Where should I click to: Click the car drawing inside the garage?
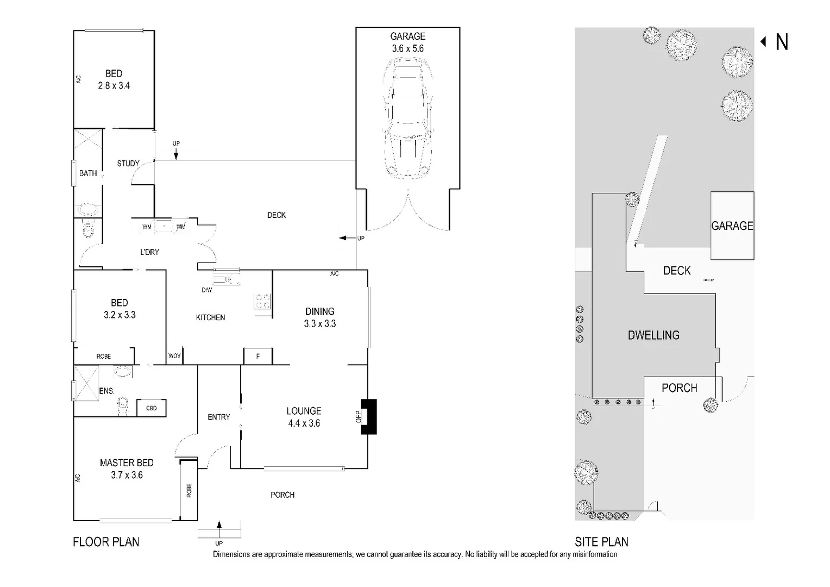coord(407,120)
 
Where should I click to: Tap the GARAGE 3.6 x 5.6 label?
coord(407,42)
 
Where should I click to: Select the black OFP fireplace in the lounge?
coord(369,416)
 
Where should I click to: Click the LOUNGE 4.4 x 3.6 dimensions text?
coord(304,417)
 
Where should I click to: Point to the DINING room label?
coord(319,311)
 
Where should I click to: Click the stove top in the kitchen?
coord(262,301)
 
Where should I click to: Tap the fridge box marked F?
coord(257,357)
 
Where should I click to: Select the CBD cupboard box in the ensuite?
coord(152,408)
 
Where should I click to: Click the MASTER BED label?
coord(127,463)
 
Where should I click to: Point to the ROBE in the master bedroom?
coord(188,490)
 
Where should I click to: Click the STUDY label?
coord(128,163)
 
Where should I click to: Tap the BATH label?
coord(88,173)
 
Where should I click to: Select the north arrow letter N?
coord(782,42)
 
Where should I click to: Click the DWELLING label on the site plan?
coord(653,335)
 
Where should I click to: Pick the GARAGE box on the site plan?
coord(732,226)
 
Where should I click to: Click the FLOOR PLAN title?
coord(106,542)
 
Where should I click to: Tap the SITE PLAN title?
coord(601,542)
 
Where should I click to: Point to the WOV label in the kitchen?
coord(174,356)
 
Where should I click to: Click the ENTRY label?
coord(219,417)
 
